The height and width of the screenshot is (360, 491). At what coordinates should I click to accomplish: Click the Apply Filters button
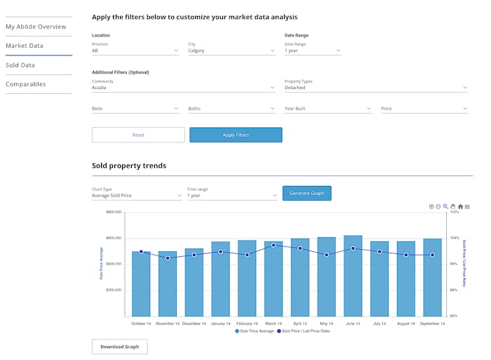click(236, 135)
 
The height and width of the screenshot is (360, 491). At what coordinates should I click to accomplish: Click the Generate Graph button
click(307, 193)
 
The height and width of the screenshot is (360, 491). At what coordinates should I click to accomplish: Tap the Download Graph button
click(119, 346)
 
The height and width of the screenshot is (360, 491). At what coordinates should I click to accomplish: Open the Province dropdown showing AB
click(135, 51)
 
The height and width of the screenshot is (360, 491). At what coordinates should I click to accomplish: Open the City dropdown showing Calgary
click(231, 51)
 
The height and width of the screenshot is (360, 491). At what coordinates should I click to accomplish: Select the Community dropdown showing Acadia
click(183, 88)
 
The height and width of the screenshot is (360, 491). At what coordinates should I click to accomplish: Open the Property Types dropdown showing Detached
click(375, 88)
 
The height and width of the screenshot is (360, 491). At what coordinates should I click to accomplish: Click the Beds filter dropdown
click(135, 109)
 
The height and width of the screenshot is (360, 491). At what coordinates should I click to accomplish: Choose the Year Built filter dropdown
click(328, 109)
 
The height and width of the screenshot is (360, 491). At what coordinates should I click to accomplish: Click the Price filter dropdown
click(424, 109)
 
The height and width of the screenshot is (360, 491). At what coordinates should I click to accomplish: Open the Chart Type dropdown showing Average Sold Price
click(137, 195)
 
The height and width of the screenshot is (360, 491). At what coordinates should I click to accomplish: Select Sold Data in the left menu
click(20, 65)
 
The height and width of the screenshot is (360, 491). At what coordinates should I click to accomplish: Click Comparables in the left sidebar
click(26, 84)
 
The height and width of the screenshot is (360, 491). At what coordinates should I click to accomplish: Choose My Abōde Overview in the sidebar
click(36, 27)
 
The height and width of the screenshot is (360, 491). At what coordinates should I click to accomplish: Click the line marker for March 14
click(274, 245)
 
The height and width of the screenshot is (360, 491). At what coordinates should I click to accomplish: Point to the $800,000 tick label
click(114, 211)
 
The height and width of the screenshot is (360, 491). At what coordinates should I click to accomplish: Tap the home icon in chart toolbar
click(460, 206)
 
